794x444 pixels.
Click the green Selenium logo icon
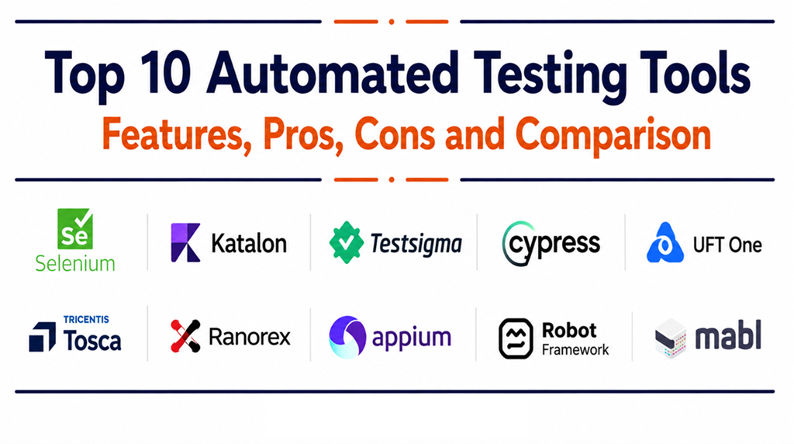pos(75,228)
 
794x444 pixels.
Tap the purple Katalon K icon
pos(185,243)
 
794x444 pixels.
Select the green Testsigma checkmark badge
pos(347,243)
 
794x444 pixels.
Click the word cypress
pos(554,245)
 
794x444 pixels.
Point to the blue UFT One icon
pos(665,243)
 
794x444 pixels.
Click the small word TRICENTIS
pos(86,319)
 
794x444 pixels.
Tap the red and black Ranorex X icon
pos(185,335)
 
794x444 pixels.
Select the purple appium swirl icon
pos(347,337)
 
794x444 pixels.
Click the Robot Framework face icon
pos(516,338)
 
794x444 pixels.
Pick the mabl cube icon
pos(671,338)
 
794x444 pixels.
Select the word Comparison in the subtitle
pos(613,135)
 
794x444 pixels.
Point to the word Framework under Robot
pos(575,350)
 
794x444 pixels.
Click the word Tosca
pos(92,339)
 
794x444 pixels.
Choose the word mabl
pos(728,335)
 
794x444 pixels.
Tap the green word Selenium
pos(75,264)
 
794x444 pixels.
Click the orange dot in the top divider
pos(392,22)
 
